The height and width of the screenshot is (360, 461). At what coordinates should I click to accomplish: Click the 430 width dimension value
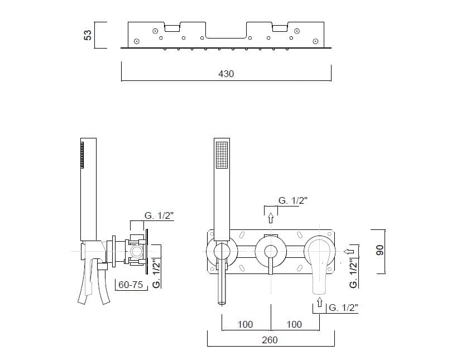(x=226, y=74)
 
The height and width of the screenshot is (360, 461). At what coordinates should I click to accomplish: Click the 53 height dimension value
(x=88, y=35)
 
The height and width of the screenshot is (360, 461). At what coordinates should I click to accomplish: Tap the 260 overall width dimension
(x=270, y=340)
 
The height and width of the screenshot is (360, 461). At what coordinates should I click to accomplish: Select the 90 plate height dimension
(x=380, y=250)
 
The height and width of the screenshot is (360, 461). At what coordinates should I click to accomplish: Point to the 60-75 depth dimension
(x=131, y=285)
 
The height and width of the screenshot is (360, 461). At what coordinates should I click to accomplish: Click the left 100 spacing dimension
(x=245, y=324)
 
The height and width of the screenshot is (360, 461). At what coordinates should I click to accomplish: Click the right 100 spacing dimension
(x=294, y=324)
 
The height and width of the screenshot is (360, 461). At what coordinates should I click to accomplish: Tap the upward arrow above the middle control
(x=271, y=218)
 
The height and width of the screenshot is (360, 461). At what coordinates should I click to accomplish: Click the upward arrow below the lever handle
(x=320, y=302)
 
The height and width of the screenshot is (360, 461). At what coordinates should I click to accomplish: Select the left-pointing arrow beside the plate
(x=349, y=252)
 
